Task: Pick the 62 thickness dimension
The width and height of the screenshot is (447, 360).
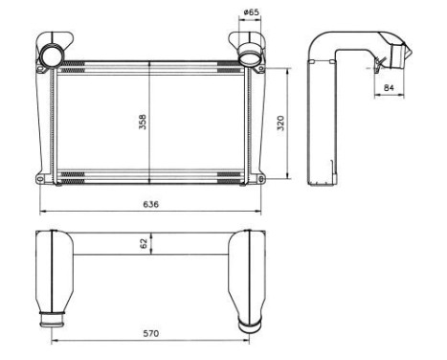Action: click(x=145, y=244)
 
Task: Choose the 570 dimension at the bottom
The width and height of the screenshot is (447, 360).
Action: click(x=151, y=333)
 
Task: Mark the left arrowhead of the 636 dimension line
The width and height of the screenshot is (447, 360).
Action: click(x=40, y=211)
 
